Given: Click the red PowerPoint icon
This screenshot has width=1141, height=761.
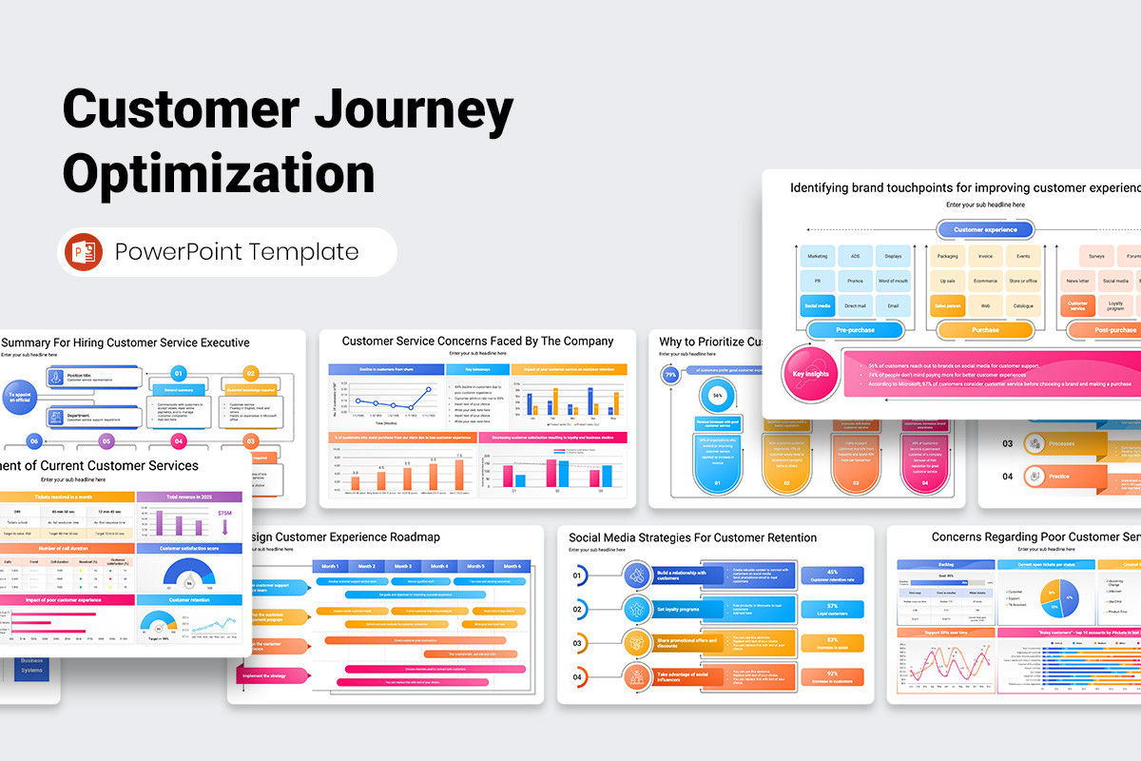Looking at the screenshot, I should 85,252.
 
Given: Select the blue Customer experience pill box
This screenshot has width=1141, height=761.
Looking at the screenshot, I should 985,229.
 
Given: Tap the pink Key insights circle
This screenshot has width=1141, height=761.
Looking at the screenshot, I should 811,374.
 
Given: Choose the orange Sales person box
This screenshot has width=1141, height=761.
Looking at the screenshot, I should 948,305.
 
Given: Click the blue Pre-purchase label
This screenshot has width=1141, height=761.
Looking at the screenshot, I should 854,330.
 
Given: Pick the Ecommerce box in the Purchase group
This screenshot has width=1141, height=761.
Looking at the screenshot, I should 985,282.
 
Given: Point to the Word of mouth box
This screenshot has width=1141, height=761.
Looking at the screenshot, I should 893,282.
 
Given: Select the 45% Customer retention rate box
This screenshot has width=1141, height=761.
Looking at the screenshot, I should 833,575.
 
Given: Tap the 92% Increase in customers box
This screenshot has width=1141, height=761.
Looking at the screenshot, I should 833,677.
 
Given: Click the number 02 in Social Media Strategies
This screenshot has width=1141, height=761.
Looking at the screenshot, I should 577,609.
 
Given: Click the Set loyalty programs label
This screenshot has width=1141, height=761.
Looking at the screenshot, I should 677,609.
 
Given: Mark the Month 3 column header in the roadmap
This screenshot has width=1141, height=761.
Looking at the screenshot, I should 403,566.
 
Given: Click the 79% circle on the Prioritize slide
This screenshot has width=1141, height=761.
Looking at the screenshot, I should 670,375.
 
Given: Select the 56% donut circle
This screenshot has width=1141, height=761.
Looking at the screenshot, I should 718,395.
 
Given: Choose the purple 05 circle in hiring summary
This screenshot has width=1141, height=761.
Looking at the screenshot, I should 106,441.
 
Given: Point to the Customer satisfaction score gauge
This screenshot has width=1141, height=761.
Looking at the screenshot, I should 189,574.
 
